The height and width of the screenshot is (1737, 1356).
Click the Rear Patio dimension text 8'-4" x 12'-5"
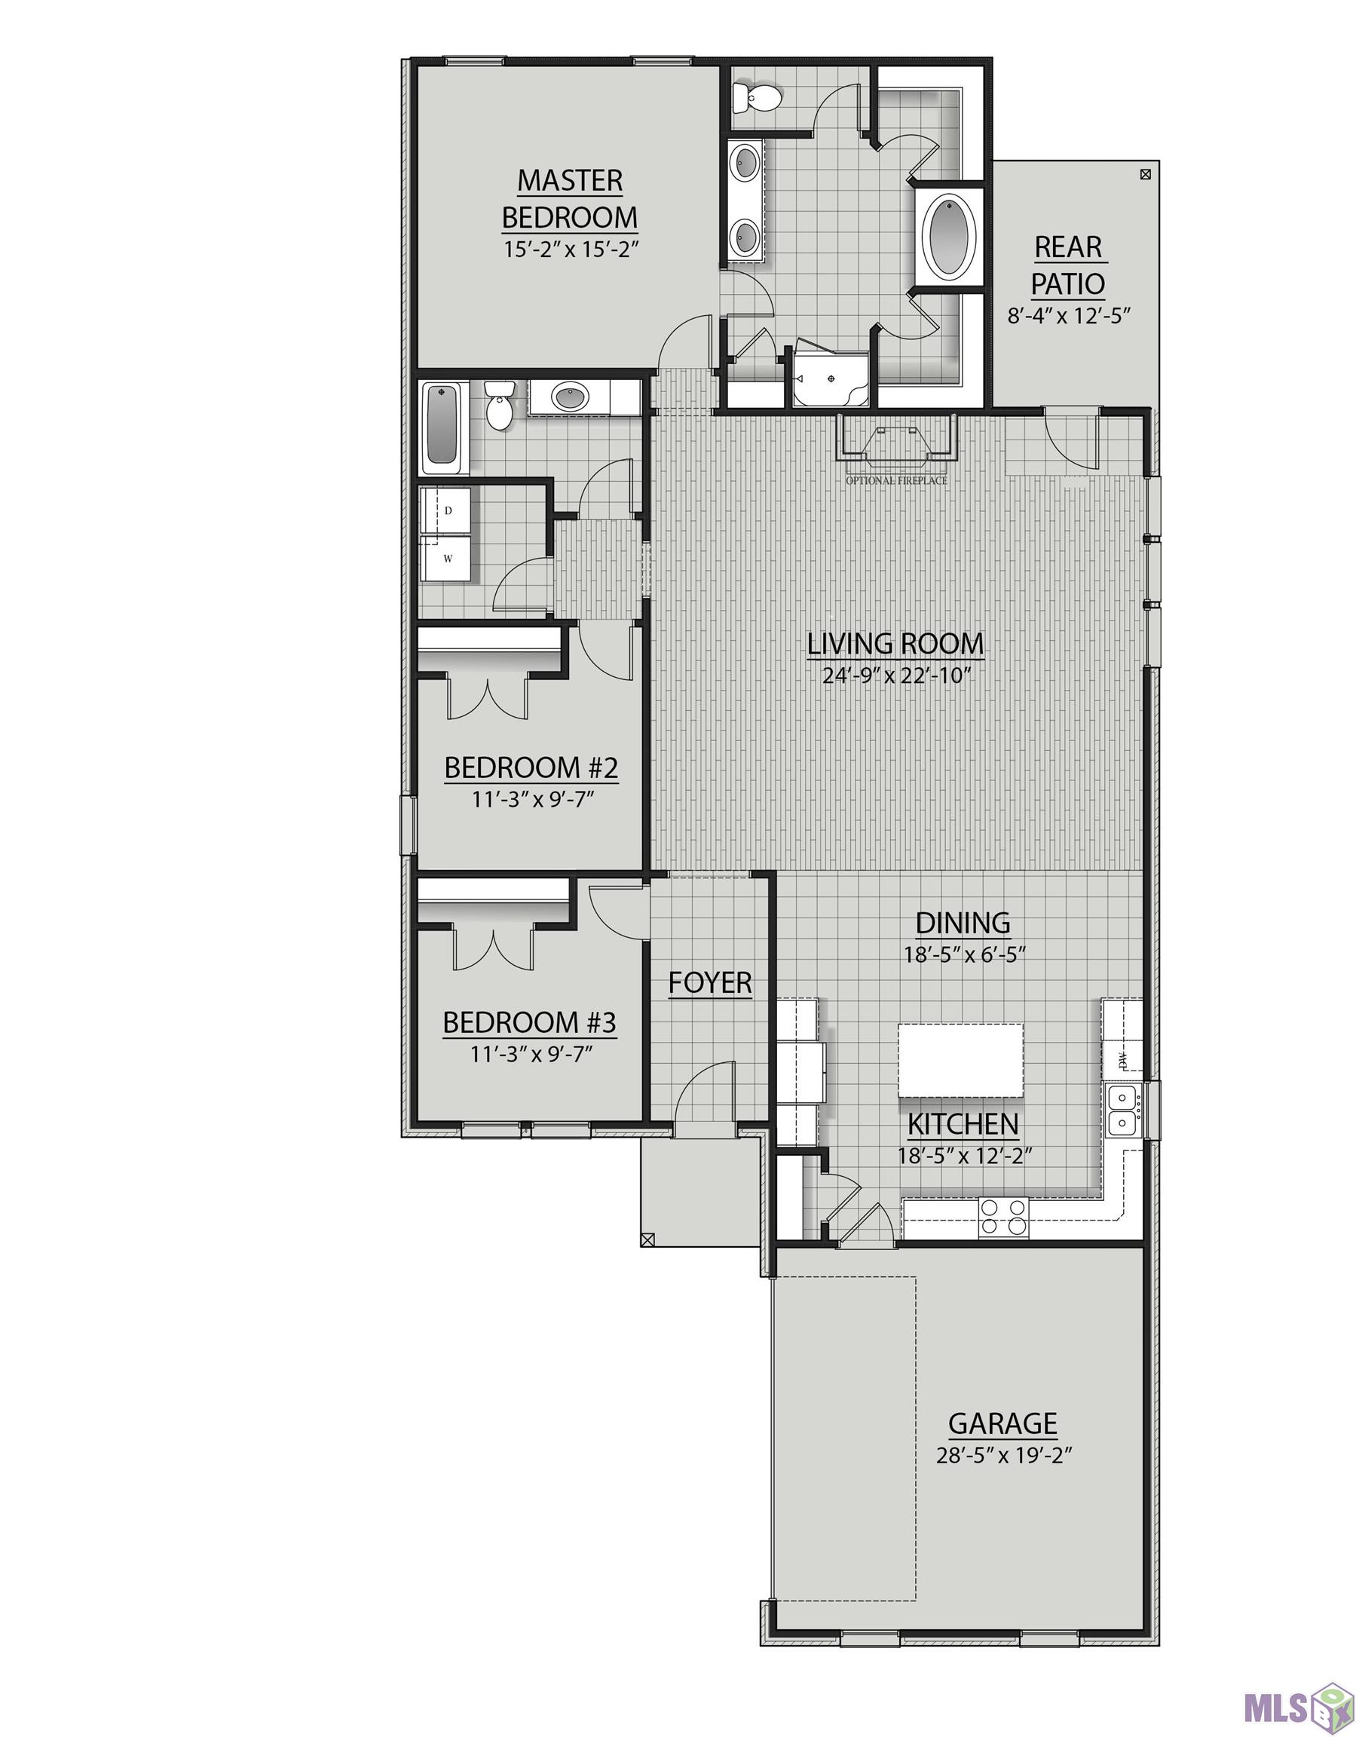point(1069,316)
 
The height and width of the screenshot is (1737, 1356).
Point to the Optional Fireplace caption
point(896,481)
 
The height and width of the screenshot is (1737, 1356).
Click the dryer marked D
point(446,510)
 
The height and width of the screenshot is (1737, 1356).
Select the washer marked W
point(446,559)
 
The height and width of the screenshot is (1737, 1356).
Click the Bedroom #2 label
point(531,768)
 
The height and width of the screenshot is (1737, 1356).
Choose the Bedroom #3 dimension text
point(532,1055)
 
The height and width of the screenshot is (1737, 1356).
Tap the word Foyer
point(709,983)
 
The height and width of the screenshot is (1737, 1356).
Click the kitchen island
point(960,1060)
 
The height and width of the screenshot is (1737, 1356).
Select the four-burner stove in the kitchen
point(1003,1217)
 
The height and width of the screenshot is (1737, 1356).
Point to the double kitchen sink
point(1123,1111)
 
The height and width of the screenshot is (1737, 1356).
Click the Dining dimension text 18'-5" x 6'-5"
point(963,955)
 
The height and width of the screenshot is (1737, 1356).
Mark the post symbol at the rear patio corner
point(1144,174)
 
